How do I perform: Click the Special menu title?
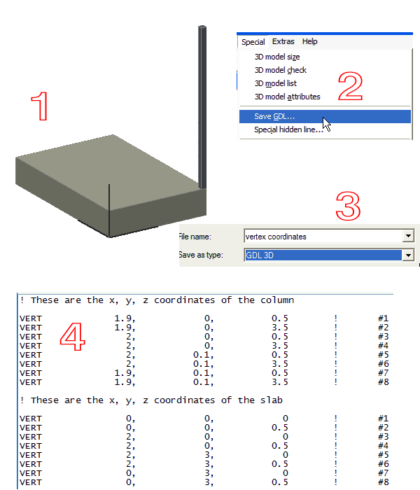[x=253, y=42]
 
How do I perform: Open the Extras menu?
[x=283, y=41]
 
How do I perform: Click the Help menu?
[x=309, y=41]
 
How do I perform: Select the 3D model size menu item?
[x=277, y=57]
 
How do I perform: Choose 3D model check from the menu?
[x=280, y=70]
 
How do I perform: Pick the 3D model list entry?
[x=275, y=83]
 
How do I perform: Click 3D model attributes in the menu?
[x=287, y=97]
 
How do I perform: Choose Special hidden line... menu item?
[x=288, y=129]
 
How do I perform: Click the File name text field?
[x=323, y=237]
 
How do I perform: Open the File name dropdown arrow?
[x=408, y=237]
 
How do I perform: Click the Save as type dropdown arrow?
[x=408, y=255]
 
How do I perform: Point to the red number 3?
[x=348, y=206]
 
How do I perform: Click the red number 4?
[x=73, y=337]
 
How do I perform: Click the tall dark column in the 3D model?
[x=202, y=107]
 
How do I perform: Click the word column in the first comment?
[x=277, y=300]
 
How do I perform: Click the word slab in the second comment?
[x=272, y=400]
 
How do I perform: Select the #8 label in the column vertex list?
[x=383, y=382]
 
